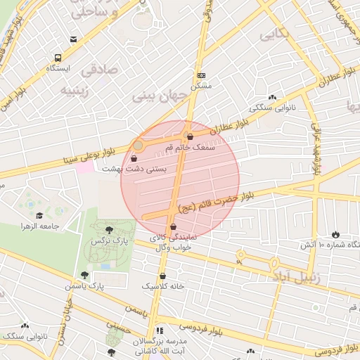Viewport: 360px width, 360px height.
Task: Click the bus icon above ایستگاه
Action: coord(56,58)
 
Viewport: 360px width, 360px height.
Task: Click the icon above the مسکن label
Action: coord(202,75)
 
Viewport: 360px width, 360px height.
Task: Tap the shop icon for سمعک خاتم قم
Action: coord(189,136)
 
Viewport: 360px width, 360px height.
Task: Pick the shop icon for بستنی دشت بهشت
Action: coord(134,159)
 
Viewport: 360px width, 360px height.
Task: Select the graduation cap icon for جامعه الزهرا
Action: coord(41,216)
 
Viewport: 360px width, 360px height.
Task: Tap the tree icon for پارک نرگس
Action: coord(108,229)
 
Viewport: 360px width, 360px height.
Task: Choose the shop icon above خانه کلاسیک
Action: coord(163,276)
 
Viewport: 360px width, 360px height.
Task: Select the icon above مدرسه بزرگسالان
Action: coord(160,330)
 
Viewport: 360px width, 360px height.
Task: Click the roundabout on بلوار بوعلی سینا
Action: coord(139,146)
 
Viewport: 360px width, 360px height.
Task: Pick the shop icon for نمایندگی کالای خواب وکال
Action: coord(173,227)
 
